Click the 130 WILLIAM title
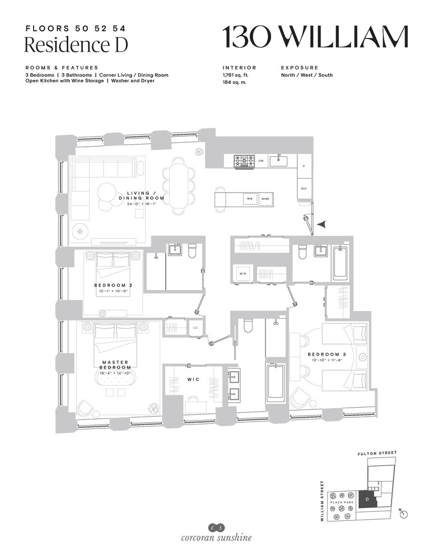[315, 37]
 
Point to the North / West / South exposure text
[306, 75]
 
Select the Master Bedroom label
[117, 365]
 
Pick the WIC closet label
[192, 379]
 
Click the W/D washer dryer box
[243, 274]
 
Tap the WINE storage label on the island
[266, 198]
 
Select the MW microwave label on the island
[249, 198]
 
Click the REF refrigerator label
[304, 189]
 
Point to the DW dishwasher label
[260, 161]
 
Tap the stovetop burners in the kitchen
[244, 161]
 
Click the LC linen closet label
[195, 327]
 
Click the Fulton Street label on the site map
[376, 452]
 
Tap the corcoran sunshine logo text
[216, 539]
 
